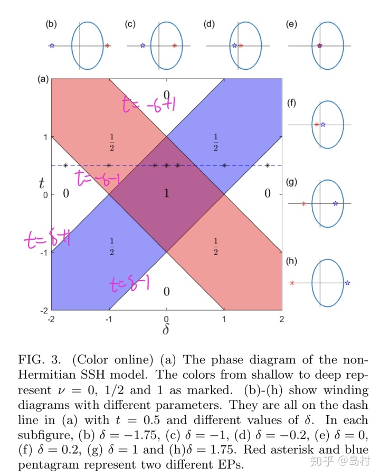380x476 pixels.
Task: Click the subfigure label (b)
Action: point(51,24)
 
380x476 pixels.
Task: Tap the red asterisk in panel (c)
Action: point(174,46)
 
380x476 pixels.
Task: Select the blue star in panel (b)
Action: point(52,46)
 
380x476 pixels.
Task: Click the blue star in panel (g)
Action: point(336,203)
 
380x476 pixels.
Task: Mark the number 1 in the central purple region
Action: point(167,194)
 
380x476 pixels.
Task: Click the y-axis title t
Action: point(41,183)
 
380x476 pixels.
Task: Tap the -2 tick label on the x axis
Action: point(51,319)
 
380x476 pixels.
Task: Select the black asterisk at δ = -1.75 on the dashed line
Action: point(65,166)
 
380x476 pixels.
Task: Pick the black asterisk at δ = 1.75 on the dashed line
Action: point(268,166)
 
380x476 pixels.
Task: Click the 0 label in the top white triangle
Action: point(166,95)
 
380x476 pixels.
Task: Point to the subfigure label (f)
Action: point(291,104)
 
